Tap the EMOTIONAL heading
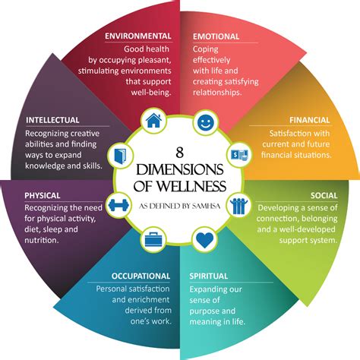tap(216, 36)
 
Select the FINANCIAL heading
tap(310, 120)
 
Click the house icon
tap(153, 120)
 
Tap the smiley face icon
tap(205, 120)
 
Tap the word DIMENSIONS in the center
tap(179, 169)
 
